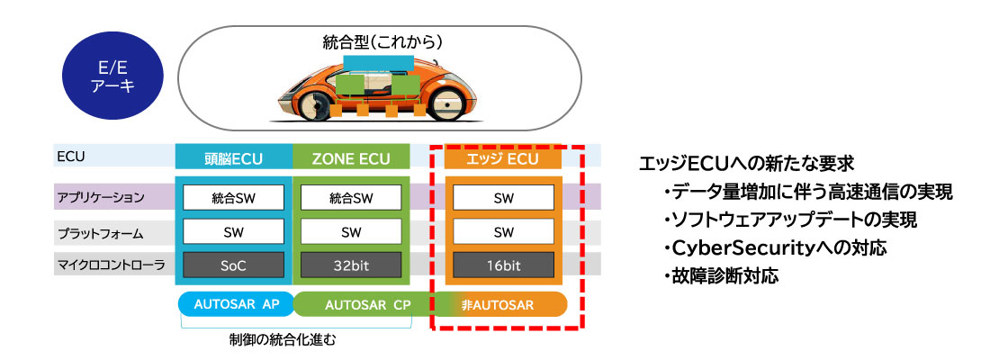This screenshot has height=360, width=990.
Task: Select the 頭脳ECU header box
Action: click(x=233, y=159)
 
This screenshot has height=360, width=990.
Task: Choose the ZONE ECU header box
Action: click(x=351, y=159)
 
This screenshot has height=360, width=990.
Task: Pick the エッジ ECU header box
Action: click(x=503, y=159)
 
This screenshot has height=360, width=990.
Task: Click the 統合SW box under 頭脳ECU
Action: click(x=233, y=197)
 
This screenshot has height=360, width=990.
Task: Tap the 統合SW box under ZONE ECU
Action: click(x=351, y=197)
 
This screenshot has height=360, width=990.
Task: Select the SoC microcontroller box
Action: click(x=233, y=265)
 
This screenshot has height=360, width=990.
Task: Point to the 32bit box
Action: click(x=351, y=265)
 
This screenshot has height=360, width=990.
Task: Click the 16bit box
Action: click(x=503, y=265)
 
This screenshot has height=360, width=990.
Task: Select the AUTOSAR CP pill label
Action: click(x=365, y=304)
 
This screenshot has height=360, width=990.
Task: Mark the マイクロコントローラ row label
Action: click(x=100, y=265)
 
